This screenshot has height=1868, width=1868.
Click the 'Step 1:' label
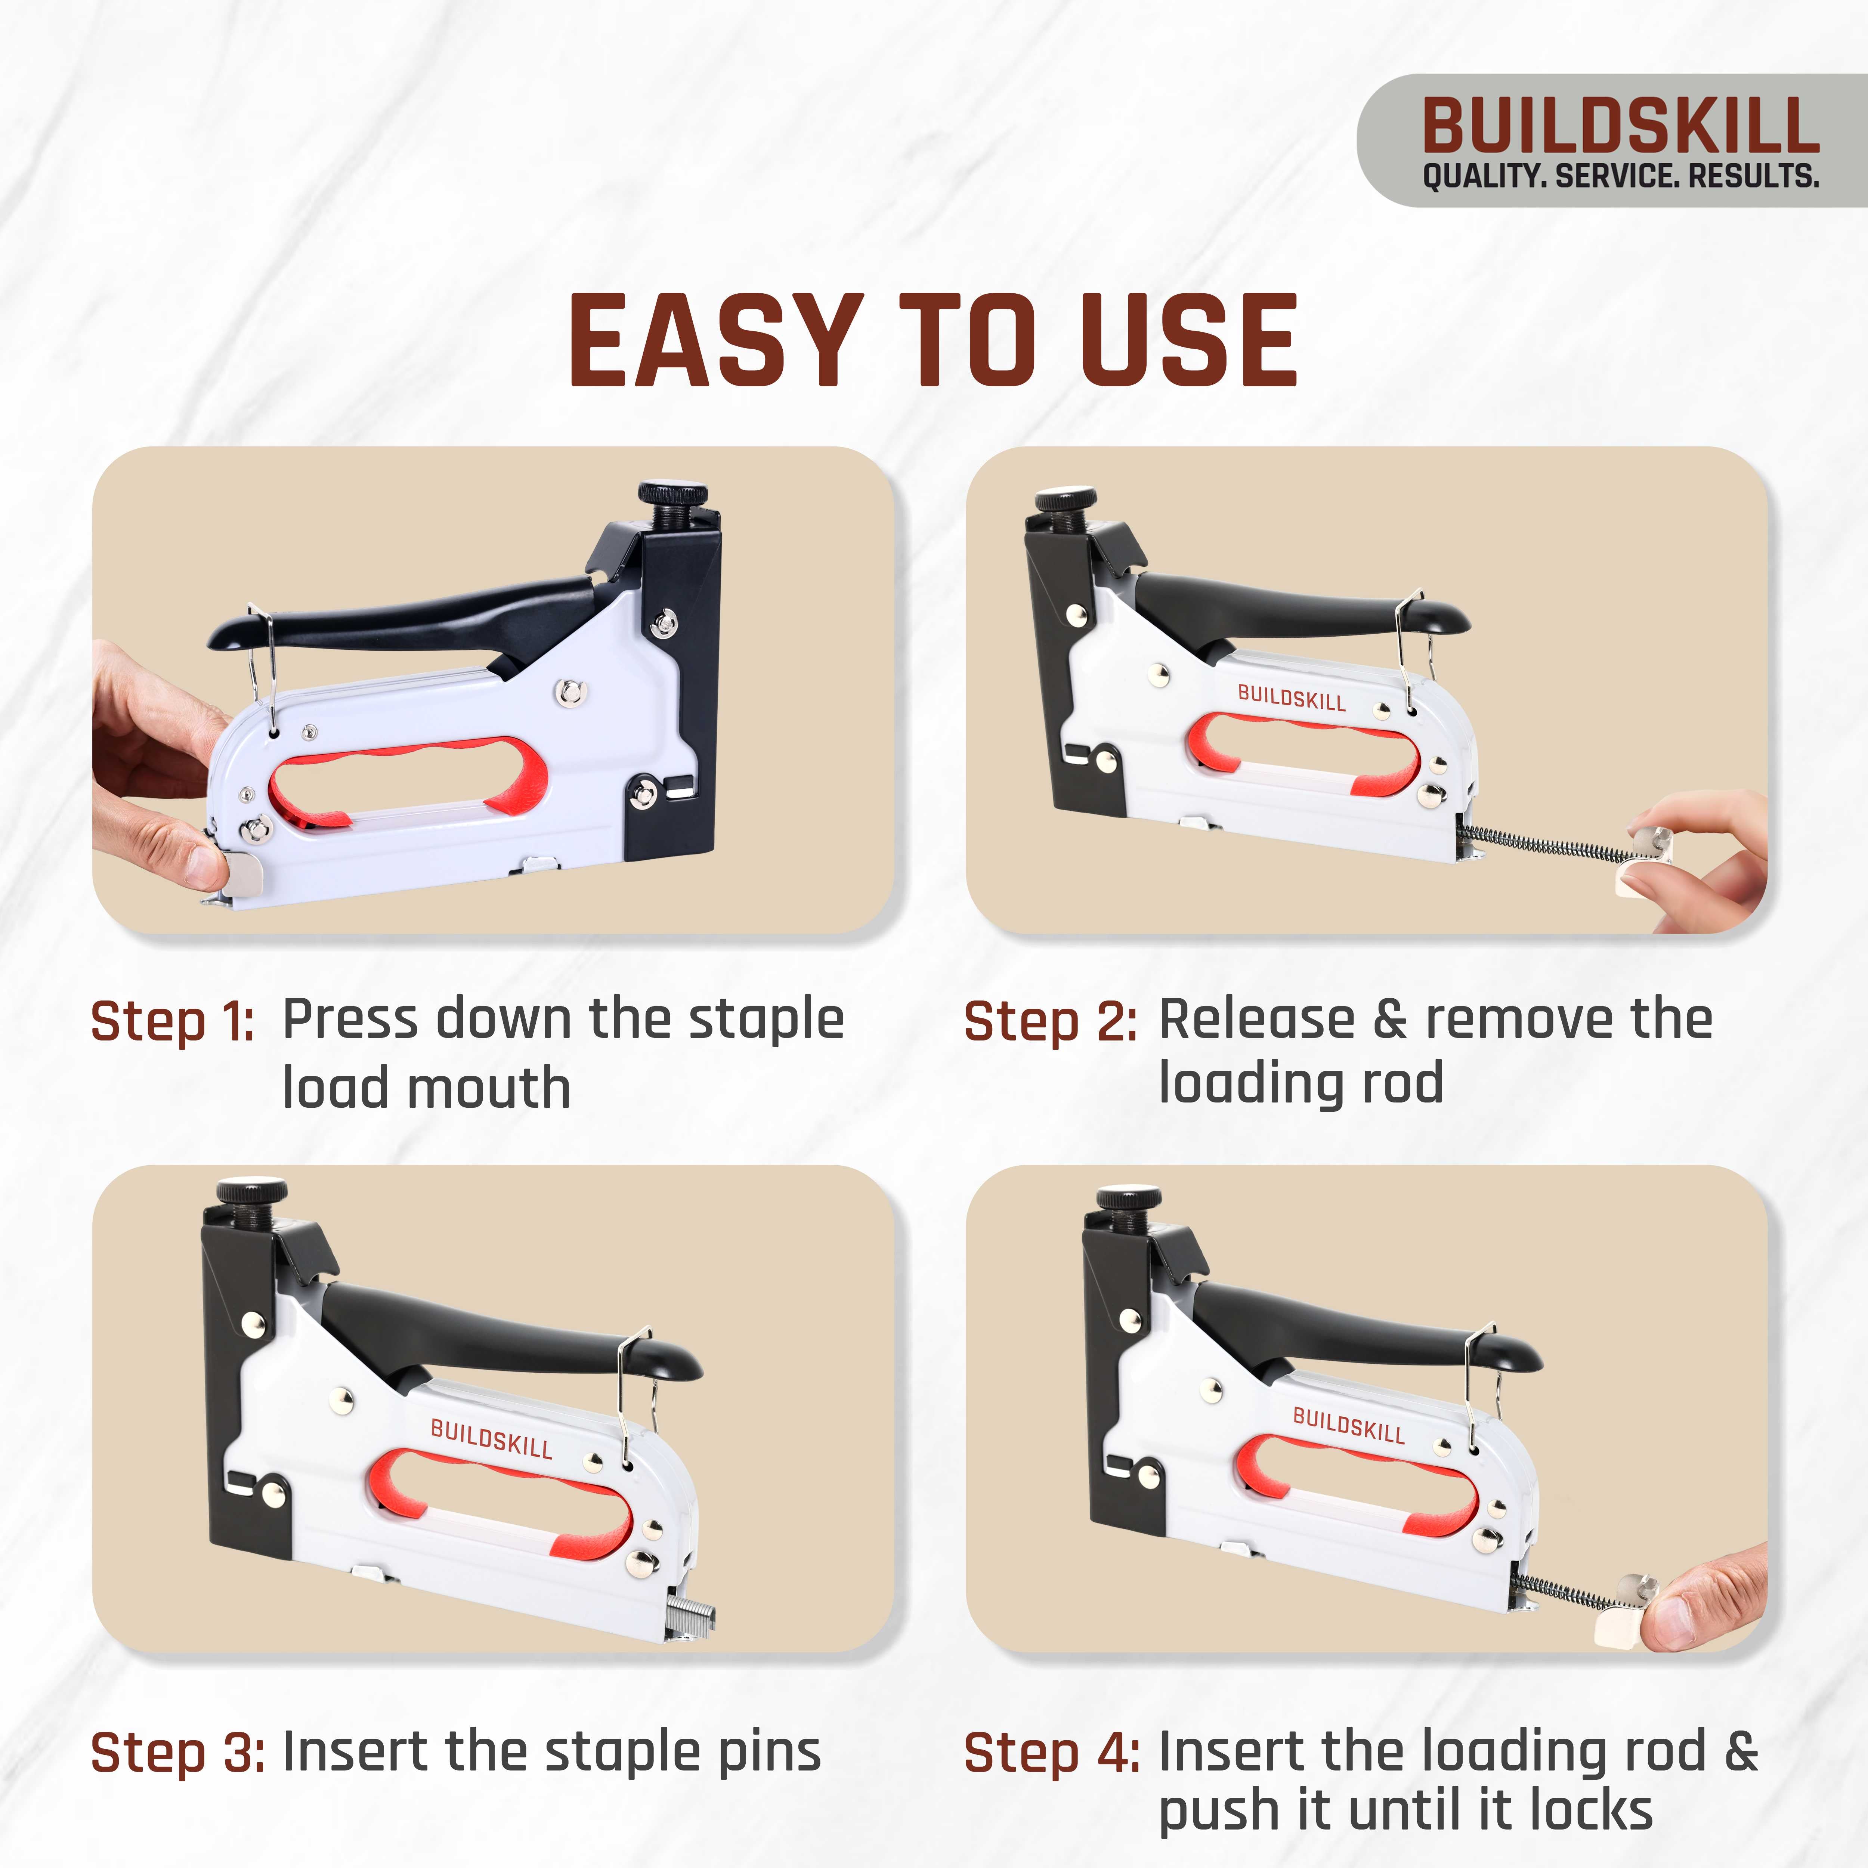172,1022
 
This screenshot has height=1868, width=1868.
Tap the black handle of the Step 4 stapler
1354,1329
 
